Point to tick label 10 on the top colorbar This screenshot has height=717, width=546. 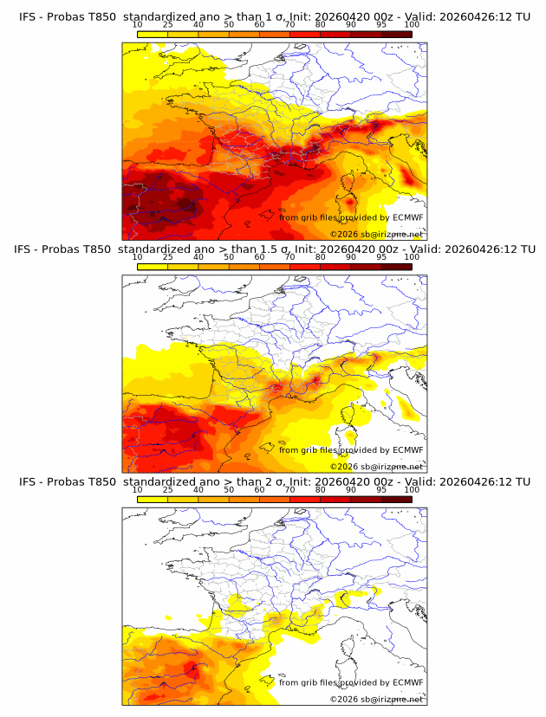138,25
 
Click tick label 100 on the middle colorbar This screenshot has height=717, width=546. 412,257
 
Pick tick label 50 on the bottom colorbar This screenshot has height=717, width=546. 229,490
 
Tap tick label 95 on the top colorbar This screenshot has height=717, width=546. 381,25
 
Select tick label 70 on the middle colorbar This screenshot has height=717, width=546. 289,257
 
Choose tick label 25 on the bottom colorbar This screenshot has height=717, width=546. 167,490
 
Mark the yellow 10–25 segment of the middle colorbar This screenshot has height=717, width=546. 153,268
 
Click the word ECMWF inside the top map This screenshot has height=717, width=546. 407,217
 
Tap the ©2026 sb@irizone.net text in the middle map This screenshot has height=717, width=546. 376,467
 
